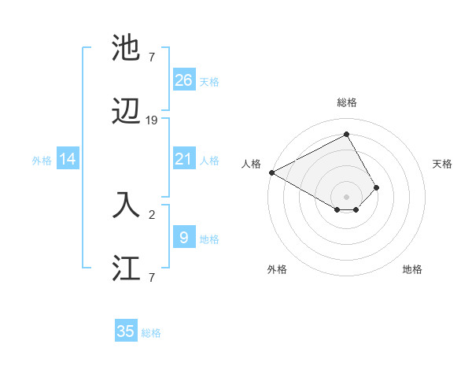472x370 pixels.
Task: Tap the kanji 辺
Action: click(127, 113)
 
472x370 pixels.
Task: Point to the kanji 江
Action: click(127, 268)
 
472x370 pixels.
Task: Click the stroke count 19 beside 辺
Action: click(152, 120)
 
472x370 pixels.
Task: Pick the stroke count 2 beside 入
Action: click(152, 213)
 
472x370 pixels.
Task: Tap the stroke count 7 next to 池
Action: click(152, 56)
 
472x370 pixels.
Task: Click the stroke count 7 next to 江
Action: click(152, 276)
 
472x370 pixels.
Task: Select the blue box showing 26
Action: click(183, 80)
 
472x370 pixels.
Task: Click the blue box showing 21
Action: click(183, 159)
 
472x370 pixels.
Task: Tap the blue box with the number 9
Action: click(183, 237)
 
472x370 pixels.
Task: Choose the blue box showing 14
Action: click(68, 159)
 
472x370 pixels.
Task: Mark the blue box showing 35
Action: click(126, 331)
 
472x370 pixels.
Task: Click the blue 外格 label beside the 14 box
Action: click(42, 161)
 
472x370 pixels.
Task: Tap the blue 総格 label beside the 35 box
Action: click(151, 333)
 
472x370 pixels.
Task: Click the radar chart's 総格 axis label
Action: click(346, 102)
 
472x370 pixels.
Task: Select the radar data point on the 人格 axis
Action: click(271, 172)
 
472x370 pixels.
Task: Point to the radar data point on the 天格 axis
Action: click(377, 187)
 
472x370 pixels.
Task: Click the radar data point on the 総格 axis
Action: click(346, 135)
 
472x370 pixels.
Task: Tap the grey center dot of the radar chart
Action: click(346, 196)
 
